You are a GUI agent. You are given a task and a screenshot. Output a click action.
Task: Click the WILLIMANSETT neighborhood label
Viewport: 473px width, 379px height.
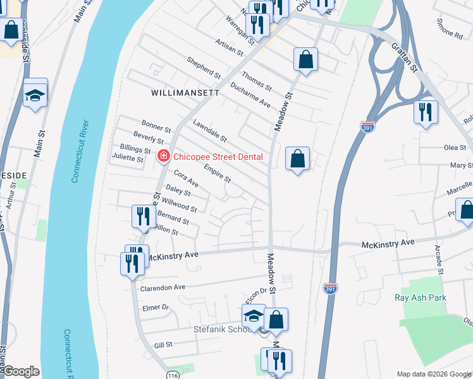tap(185, 92)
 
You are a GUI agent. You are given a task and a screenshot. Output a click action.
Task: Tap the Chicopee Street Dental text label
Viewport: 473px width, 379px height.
tap(218, 156)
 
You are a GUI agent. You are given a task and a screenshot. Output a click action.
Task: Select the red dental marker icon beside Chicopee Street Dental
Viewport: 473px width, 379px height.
tap(164, 155)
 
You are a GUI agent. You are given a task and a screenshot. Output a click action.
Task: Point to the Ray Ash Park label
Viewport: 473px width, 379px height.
tap(420, 298)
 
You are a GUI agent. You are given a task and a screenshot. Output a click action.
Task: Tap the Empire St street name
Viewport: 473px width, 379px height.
tap(217, 173)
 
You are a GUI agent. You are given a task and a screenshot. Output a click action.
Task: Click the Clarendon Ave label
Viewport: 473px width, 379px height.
tap(163, 286)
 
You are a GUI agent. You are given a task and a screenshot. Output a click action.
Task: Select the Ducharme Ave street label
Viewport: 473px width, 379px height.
tap(250, 94)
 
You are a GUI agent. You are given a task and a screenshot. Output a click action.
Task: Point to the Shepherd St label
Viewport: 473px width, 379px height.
tap(203, 68)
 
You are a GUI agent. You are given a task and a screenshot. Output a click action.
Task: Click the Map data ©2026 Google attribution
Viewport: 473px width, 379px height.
tap(433, 374)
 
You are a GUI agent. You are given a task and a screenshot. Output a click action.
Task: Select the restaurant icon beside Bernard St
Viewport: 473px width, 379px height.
tap(140, 216)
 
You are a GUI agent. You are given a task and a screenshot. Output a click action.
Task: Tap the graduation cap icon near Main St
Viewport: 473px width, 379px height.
tap(35, 95)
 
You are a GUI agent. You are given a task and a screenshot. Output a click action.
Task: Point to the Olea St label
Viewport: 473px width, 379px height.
tap(454, 147)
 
